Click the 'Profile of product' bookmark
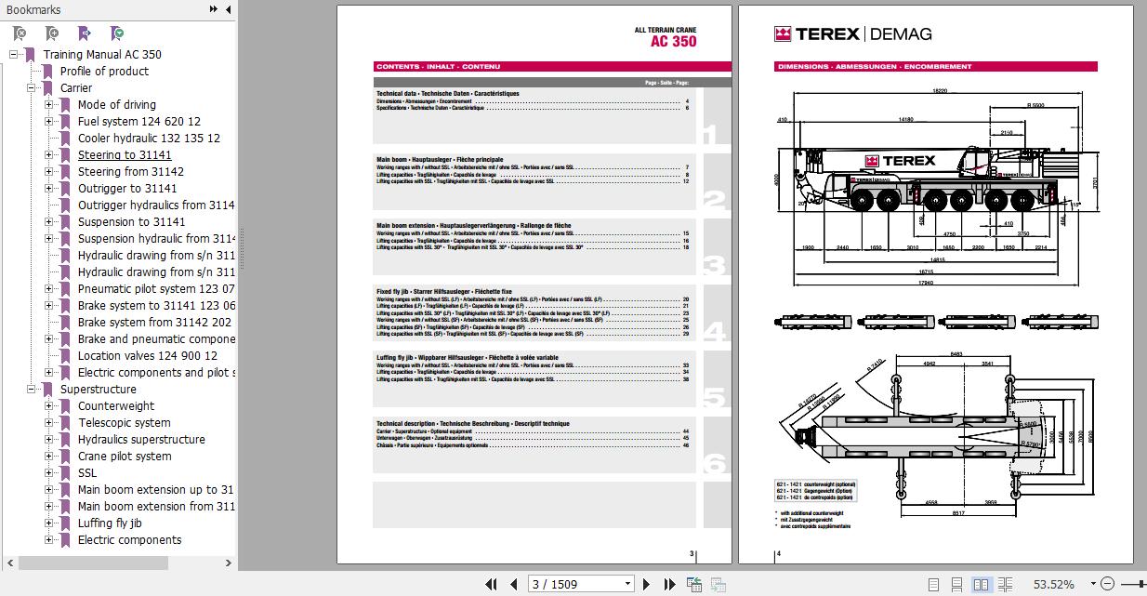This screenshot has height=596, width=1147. (x=104, y=72)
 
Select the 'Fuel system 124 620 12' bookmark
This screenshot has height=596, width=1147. (x=138, y=122)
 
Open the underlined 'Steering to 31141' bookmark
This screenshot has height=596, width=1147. (x=125, y=155)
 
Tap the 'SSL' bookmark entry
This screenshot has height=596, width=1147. (x=87, y=473)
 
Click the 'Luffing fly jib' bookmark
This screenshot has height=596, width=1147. (x=110, y=523)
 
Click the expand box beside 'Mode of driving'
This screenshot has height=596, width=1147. (x=48, y=105)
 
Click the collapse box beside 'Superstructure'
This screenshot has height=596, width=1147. (x=31, y=390)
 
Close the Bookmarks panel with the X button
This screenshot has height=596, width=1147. (x=227, y=9)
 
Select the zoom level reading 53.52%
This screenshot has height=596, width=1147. (x=1053, y=584)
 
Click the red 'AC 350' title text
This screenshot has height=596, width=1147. (x=673, y=42)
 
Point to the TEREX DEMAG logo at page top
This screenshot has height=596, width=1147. (x=852, y=34)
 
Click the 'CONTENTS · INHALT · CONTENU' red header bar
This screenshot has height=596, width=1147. (x=438, y=67)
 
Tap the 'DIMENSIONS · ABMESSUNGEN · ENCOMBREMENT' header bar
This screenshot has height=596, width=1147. (x=875, y=67)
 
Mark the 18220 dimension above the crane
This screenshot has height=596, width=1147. (x=940, y=91)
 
